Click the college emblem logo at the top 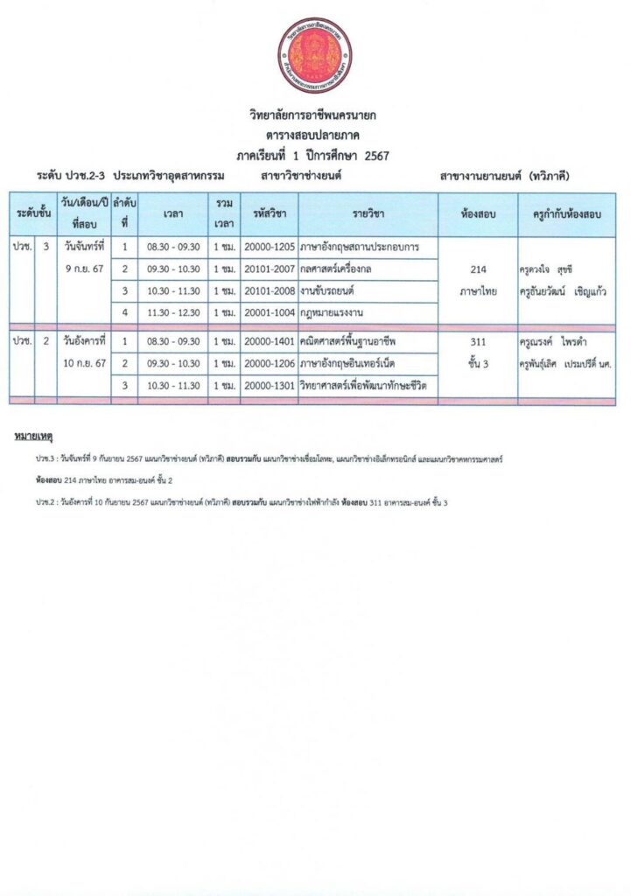coord(315,54)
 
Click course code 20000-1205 coord(269,247)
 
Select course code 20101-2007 coord(269,269)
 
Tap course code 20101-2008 coord(269,290)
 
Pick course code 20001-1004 coord(269,312)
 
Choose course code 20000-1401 coord(269,341)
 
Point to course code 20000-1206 coord(269,363)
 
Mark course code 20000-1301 coord(269,385)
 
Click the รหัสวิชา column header coord(269,213)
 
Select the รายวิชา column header coord(368,213)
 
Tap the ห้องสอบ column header coord(478,213)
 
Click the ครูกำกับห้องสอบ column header coord(566,213)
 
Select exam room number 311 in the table coord(478,342)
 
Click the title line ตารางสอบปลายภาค coord(315,136)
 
